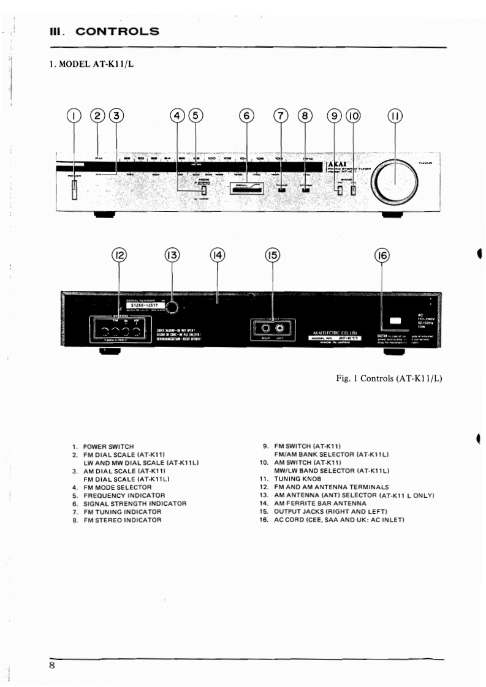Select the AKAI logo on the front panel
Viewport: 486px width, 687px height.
(x=338, y=165)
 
